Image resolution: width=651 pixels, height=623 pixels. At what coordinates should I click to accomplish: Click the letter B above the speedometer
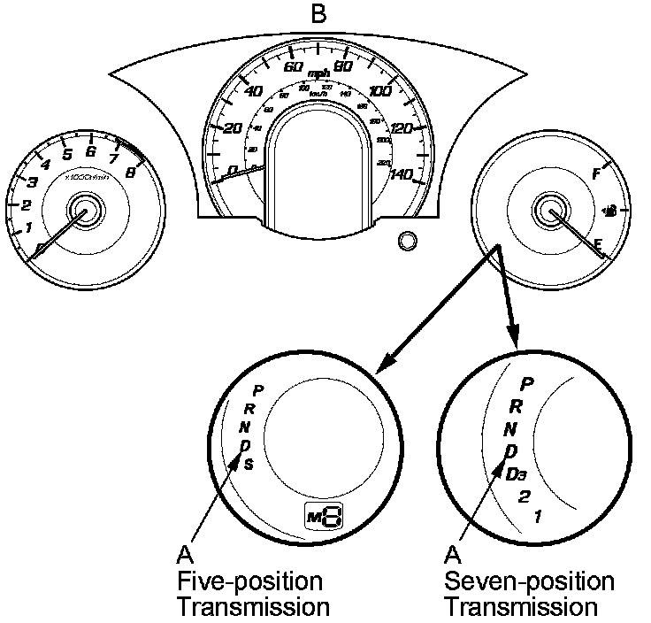[x=317, y=14]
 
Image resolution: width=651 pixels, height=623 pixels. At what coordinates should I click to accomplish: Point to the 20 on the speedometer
[x=234, y=129]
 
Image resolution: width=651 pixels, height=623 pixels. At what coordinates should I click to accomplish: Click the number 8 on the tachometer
[x=131, y=173]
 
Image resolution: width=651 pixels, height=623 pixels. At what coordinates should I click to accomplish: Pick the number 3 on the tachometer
[x=32, y=183]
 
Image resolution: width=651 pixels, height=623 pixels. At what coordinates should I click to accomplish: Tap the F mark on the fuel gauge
[x=595, y=174]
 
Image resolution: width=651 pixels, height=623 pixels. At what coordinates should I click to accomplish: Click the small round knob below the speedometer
[x=407, y=242]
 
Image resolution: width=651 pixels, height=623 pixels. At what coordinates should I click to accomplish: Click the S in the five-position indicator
[x=249, y=465]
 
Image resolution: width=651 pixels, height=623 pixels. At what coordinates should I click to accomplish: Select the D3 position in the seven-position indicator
[x=518, y=473]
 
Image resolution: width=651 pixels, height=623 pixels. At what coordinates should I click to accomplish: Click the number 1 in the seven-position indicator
[x=538, y=516]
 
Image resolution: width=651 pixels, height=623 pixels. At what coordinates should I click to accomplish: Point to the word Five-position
[x=249, y=582]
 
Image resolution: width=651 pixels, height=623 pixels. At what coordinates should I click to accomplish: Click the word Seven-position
[x=529, y=582]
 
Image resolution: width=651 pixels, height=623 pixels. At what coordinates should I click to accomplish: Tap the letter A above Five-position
[x=185, y=555]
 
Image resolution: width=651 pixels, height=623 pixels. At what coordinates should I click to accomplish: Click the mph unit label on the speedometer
[x=318, y=72]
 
